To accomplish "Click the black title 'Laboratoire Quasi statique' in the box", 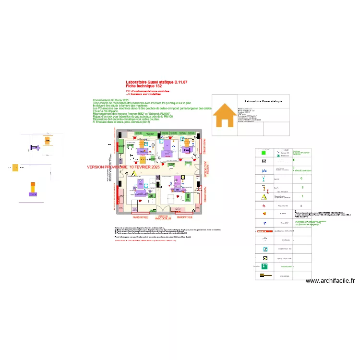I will (264, 101).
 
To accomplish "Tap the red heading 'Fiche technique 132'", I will (144, 86).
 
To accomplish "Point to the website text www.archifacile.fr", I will (330, 281).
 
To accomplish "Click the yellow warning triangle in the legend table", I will (263, 196).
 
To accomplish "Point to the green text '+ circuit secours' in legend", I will (302, 170).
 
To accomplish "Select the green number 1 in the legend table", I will (302, 196).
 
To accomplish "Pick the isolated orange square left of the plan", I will (15, 168).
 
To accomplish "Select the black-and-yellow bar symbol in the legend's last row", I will (264, 276).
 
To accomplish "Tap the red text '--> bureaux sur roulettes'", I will (144, 94).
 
